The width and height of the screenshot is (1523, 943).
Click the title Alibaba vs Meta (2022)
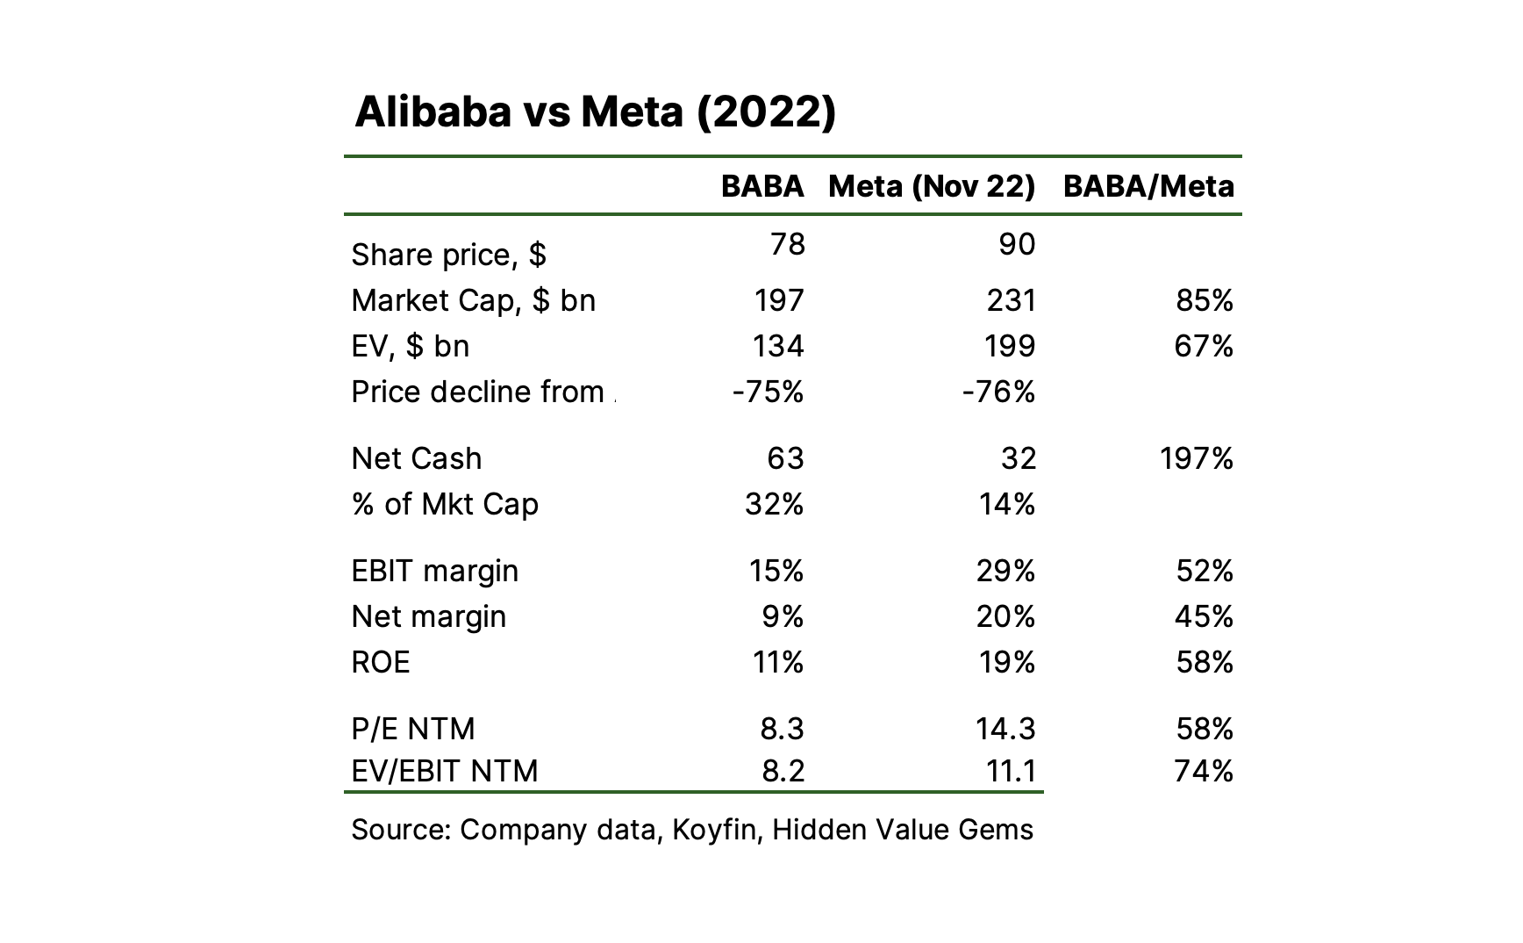pyautogui.click(x=595, y=112)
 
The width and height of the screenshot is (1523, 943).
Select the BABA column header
pyautogui.click(x=762, y=186)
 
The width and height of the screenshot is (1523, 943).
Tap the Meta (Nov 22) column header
pyautogui.click(x=932, y=187)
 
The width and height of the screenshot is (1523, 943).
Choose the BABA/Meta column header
pyautogui.click(x=1148, y=187)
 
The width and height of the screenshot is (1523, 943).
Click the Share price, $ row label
pyautogui.click(x=448, y=255)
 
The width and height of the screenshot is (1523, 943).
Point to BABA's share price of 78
pyautogui.click(x=787, y=243)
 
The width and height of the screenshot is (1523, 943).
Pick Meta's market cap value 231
pyautogui.click(x=1011, y=300)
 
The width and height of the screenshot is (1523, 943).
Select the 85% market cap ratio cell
pyautogui.click(x=1205, y=300)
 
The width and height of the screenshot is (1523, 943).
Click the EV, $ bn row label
pyautogui.click(x=410, y=346)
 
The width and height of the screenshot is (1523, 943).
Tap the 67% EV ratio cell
pyautogui.click(x=1204, y=346)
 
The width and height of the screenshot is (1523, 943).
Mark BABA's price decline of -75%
pyautogui.click(x=768, y=392)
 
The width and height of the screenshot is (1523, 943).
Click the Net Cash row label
pyautogui.click(x=417, y=458)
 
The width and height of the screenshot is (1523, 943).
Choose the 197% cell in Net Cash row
pyautogui.click(x=1197, y=458)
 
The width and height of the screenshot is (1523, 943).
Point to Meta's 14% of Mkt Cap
pyautogui.click(x=1007, y=504)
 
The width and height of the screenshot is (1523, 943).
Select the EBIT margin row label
pyautogui.click(x=434, y=571)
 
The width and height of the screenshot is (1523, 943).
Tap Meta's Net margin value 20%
pyautogui.click(x=1005, y=616)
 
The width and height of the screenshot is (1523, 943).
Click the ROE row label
pyautogui.click(x=381, y=662)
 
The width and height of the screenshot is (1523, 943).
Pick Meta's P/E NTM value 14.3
pyautogui.click(x=1005, y=729)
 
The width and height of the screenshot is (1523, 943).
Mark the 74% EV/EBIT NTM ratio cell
pyautogui.click(x=1204, y=771)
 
